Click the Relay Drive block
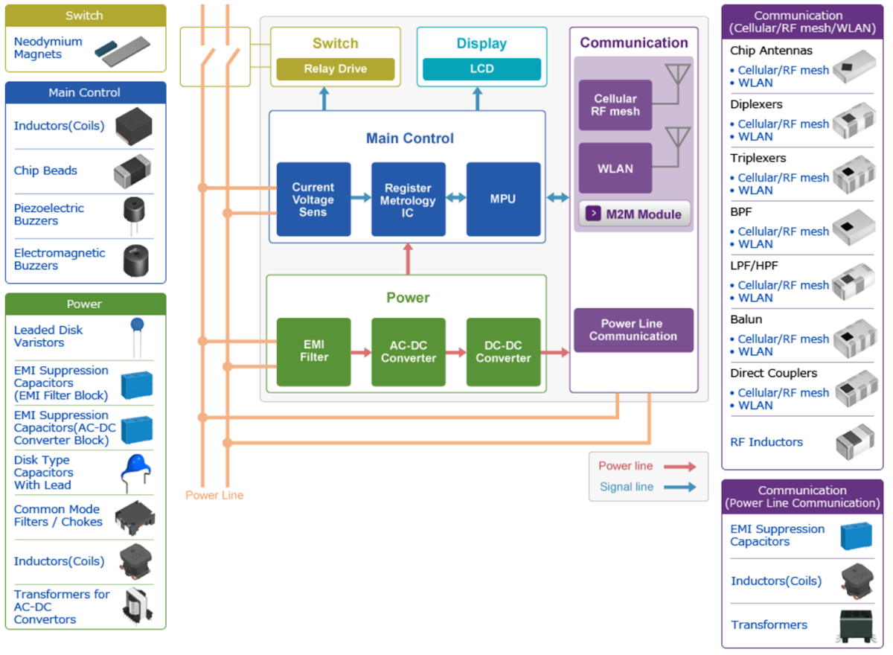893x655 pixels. [x=335, y=69]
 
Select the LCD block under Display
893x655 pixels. [x=481, y=69]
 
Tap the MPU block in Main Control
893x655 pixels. [x=503, y=199]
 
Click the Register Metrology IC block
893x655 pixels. [x=408, y=199]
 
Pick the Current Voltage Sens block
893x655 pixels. [x=313, y=199]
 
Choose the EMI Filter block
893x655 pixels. [x=313, y=352]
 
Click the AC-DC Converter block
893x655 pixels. [x=408, y=352]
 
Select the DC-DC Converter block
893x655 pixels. [x=503, y=352]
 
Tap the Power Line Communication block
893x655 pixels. [x=633, y=330]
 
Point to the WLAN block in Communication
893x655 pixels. [x=615, y=168]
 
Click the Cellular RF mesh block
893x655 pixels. [x=615, y=105]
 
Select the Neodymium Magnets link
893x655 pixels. [x=48, y=48]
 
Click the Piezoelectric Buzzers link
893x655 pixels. [x=48, y=214]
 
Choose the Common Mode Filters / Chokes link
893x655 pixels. [x=58, y=516]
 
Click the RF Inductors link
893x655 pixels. [x=766, y=442]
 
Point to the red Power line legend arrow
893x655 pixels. [x=679, y=467]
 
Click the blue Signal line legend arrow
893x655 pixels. [x=679, y=488]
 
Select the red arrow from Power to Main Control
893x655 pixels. [x=408, y=261]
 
